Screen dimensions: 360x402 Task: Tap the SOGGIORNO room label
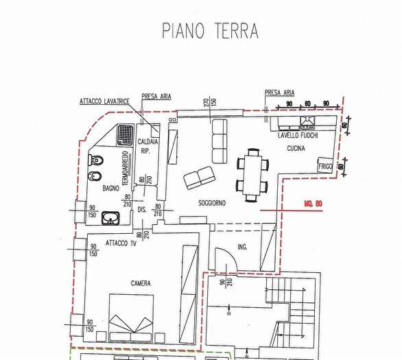click(213, 204)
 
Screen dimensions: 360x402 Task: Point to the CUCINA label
click(296, 147)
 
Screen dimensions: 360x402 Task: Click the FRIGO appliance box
click(324, 165)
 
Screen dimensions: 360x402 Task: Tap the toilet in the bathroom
click(97, 163)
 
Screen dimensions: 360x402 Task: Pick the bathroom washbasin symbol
click(110, 219)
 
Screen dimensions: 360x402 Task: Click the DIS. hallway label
click(143, 209)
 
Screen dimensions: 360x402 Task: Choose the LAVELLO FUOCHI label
click(298, 136)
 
